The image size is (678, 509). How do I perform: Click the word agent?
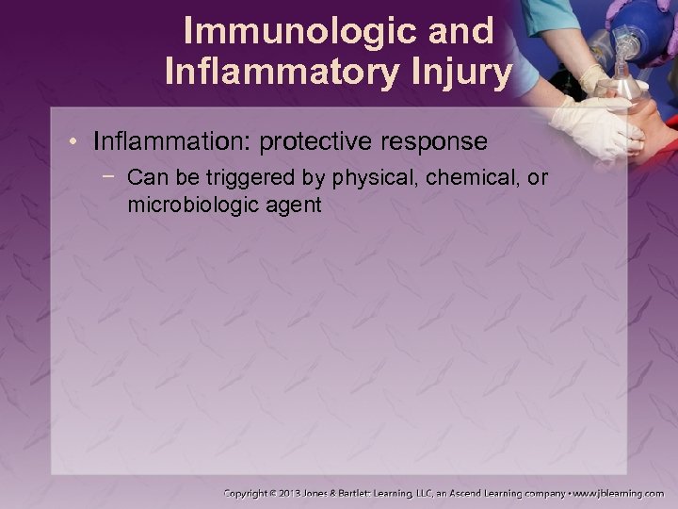coord(293,204)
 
